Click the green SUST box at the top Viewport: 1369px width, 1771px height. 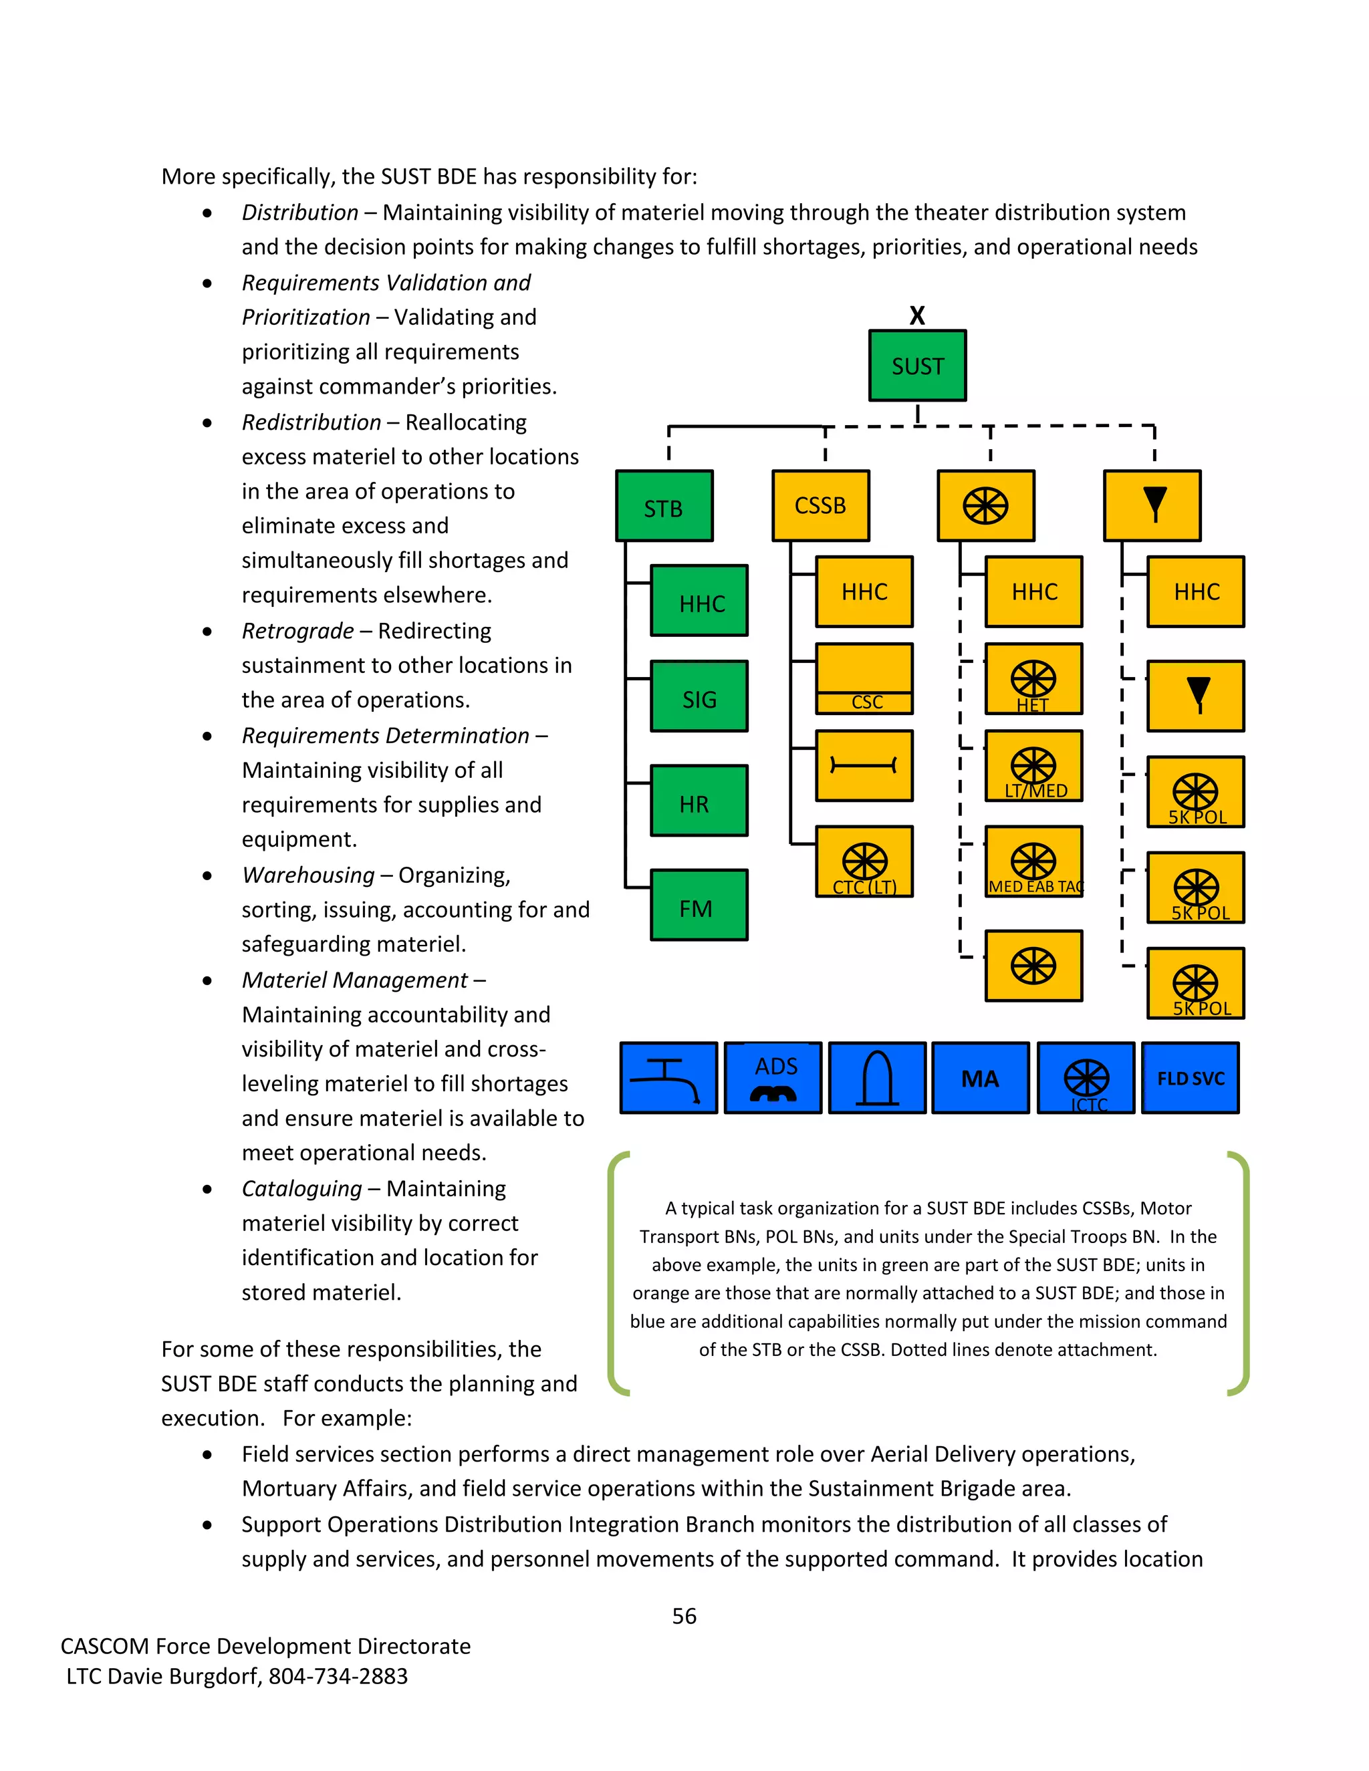pyautogui.click(x=917, y=366)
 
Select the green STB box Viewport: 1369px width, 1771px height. pyautogui.click(x=664, y=506)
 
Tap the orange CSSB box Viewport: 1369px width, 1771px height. pyautogui.click(x=821, y=506)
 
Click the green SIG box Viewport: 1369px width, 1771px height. pyautogui.click(x=699, y=696)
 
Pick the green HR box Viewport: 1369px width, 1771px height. pyautogui.click(x=699, y=801)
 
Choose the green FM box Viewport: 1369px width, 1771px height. pyautogui.click(x=699, y=906)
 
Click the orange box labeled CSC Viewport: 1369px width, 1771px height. pyautogui.click(x=864, y=679)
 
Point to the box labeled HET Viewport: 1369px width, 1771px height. pyautogui.click(x=1033, y=680)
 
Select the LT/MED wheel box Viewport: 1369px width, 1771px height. pyautogui.click(x=1033, y=767)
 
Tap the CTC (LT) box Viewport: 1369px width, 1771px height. pyautogui.click(x=864, y=862)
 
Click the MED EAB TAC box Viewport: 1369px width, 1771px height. pyautogui.click(x=1033, y=862)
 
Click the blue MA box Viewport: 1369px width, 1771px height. pyautogui.click(x=981, y=1079)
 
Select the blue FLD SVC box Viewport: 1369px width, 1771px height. pyautogui.click(x=1190, y=1079)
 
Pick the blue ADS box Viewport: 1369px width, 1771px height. pyautogui.click(x=773, y=1079)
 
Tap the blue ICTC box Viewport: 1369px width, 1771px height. pyautogui.click(x=1086, y=1079)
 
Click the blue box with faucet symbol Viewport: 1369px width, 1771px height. pyautogui.click(x=668, y=1079)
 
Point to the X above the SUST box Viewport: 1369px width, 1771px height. pyautogui.click(x=917, y=315)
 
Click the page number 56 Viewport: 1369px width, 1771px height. pyautogui.click(x=684, y=1616)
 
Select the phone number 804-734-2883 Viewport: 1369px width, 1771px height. pyautogui.click(x=338, y=1676)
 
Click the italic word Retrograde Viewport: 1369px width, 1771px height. pyautogui.click(x=297, y=631)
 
